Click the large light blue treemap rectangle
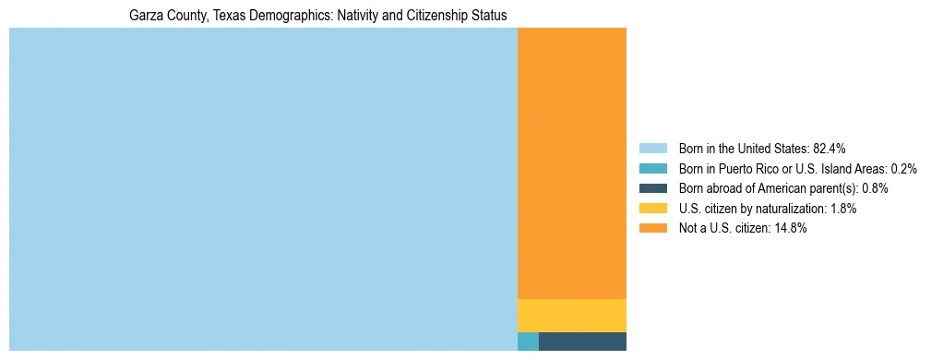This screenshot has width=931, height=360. [x=263, y=189]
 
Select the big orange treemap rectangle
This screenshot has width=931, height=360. [x=572, y=163]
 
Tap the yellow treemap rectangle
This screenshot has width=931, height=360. [x=572, y=315]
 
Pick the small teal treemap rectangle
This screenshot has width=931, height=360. [x=528, y=341]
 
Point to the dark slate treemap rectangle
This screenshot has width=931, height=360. [x=582, y=341]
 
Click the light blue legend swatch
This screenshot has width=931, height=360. [x=652, y=149]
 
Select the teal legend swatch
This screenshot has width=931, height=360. [x=652, y=169]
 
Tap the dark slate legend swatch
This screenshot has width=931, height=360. [x=652, y=188]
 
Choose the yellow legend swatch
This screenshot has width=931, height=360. [x=652, y=209]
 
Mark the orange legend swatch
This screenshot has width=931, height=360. [x=652, y=228]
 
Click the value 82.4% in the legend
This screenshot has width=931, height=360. [x=830, y=149]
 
